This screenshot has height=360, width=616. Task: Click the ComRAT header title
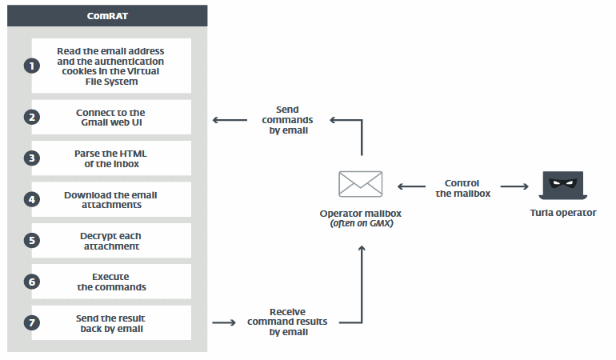coord(107,14)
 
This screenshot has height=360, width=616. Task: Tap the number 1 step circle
coord(32,66)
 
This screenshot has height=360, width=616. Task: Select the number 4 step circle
coord(32,199)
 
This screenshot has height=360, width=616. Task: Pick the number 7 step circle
coord(32,323)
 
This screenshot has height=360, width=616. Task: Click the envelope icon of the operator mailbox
coord(362,185)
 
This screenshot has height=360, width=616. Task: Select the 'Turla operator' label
coord(563,213)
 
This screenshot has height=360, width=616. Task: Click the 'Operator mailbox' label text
coord(362,214)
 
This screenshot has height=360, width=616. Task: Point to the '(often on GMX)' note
coord(362,225)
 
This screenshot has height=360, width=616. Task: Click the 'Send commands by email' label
coord(286,119)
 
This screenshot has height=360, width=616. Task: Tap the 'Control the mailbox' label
coord(461,187)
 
